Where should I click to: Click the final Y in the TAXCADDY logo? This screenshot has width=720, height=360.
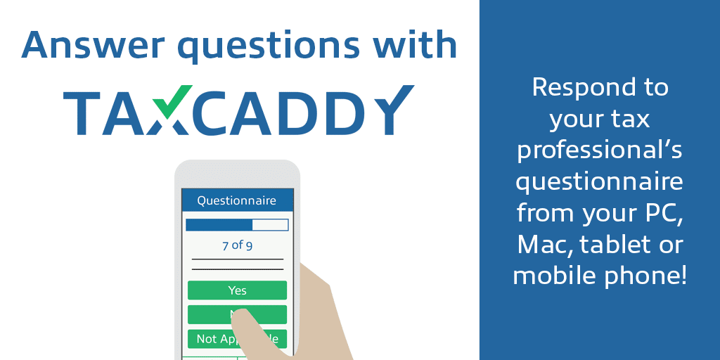pyautogui.click(x=392, y=113)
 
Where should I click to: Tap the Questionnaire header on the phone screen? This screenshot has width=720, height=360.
pyautogui.click(x=236, y=201)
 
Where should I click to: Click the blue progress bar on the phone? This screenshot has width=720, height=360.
pyautogui.click(x=219, y=225)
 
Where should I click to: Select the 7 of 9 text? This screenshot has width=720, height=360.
pyautogui.click(x=237, y=245)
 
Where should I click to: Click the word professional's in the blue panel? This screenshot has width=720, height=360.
pyautogui.click(x=599, y=150)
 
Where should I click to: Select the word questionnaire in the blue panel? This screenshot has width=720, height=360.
pyautogui.click(x=599, y=181)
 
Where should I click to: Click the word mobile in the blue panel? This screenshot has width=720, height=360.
pyautogui.click(x=555, y=275)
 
